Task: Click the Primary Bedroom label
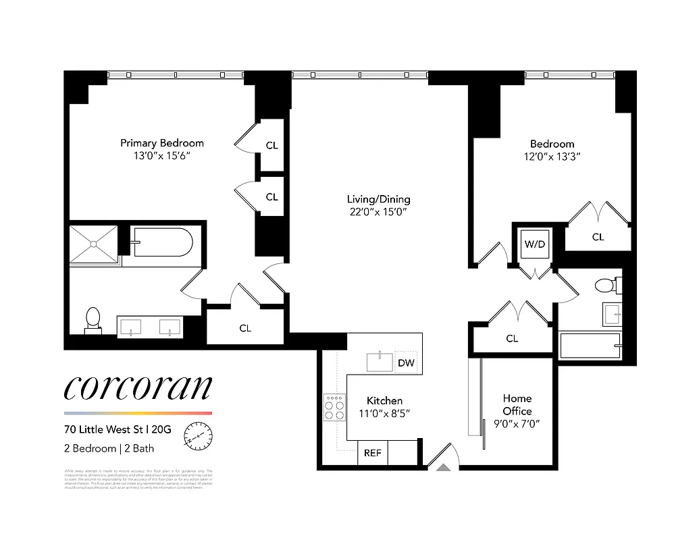pos(161,143)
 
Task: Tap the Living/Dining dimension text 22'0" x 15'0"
pos(378,212)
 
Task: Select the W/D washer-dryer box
pos(535,244)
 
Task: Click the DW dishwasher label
pos(406,363)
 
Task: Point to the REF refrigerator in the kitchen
pos(372,453)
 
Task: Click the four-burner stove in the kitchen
pos(334,407)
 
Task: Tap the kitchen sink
pos(380,361)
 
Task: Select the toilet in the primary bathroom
pos(93,320)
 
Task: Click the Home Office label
pos(517,405)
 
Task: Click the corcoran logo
pos(138,387)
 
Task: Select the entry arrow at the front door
pos(443,465)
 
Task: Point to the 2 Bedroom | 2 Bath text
pos(109,448)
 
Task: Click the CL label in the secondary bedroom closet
pos(598,237)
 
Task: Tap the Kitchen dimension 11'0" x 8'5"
pos(384,414)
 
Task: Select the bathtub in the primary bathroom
pos(163,242)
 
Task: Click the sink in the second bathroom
pos(613,314)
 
